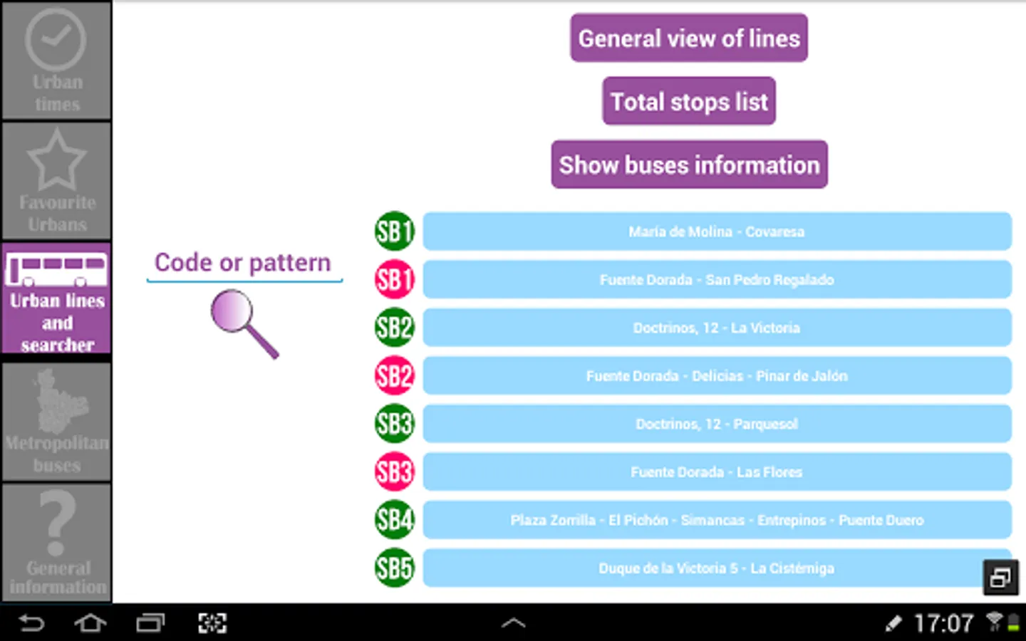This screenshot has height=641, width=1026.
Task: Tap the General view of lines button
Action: tap(688, 38)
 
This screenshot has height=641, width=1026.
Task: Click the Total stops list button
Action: tap(688, 102)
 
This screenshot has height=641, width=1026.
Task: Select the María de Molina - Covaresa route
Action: tap(717, 231)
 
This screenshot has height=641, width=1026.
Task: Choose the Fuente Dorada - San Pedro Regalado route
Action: tap(717, 280)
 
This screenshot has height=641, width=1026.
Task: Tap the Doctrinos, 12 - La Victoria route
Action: tap(717, 328)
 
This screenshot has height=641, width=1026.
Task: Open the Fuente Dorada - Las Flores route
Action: tap(717, 472)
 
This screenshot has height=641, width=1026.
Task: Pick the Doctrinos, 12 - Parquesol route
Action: tap(717, 424)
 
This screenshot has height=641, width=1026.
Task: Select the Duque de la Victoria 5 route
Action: tap(717, 568)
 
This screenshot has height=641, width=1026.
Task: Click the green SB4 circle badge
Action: tap(394, 520)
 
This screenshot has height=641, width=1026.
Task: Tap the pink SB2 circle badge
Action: tap(394, 375)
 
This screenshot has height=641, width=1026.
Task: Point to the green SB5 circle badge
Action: tap(394, 568)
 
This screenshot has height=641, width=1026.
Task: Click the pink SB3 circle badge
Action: tap(394, 471)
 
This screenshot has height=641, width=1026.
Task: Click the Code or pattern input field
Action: tap(243, 264)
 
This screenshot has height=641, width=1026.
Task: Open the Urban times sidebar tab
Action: tap(56, 61)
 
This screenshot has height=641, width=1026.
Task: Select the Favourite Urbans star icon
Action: tap(56, 160)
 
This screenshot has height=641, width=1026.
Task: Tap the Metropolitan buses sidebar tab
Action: tap(56, 422)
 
